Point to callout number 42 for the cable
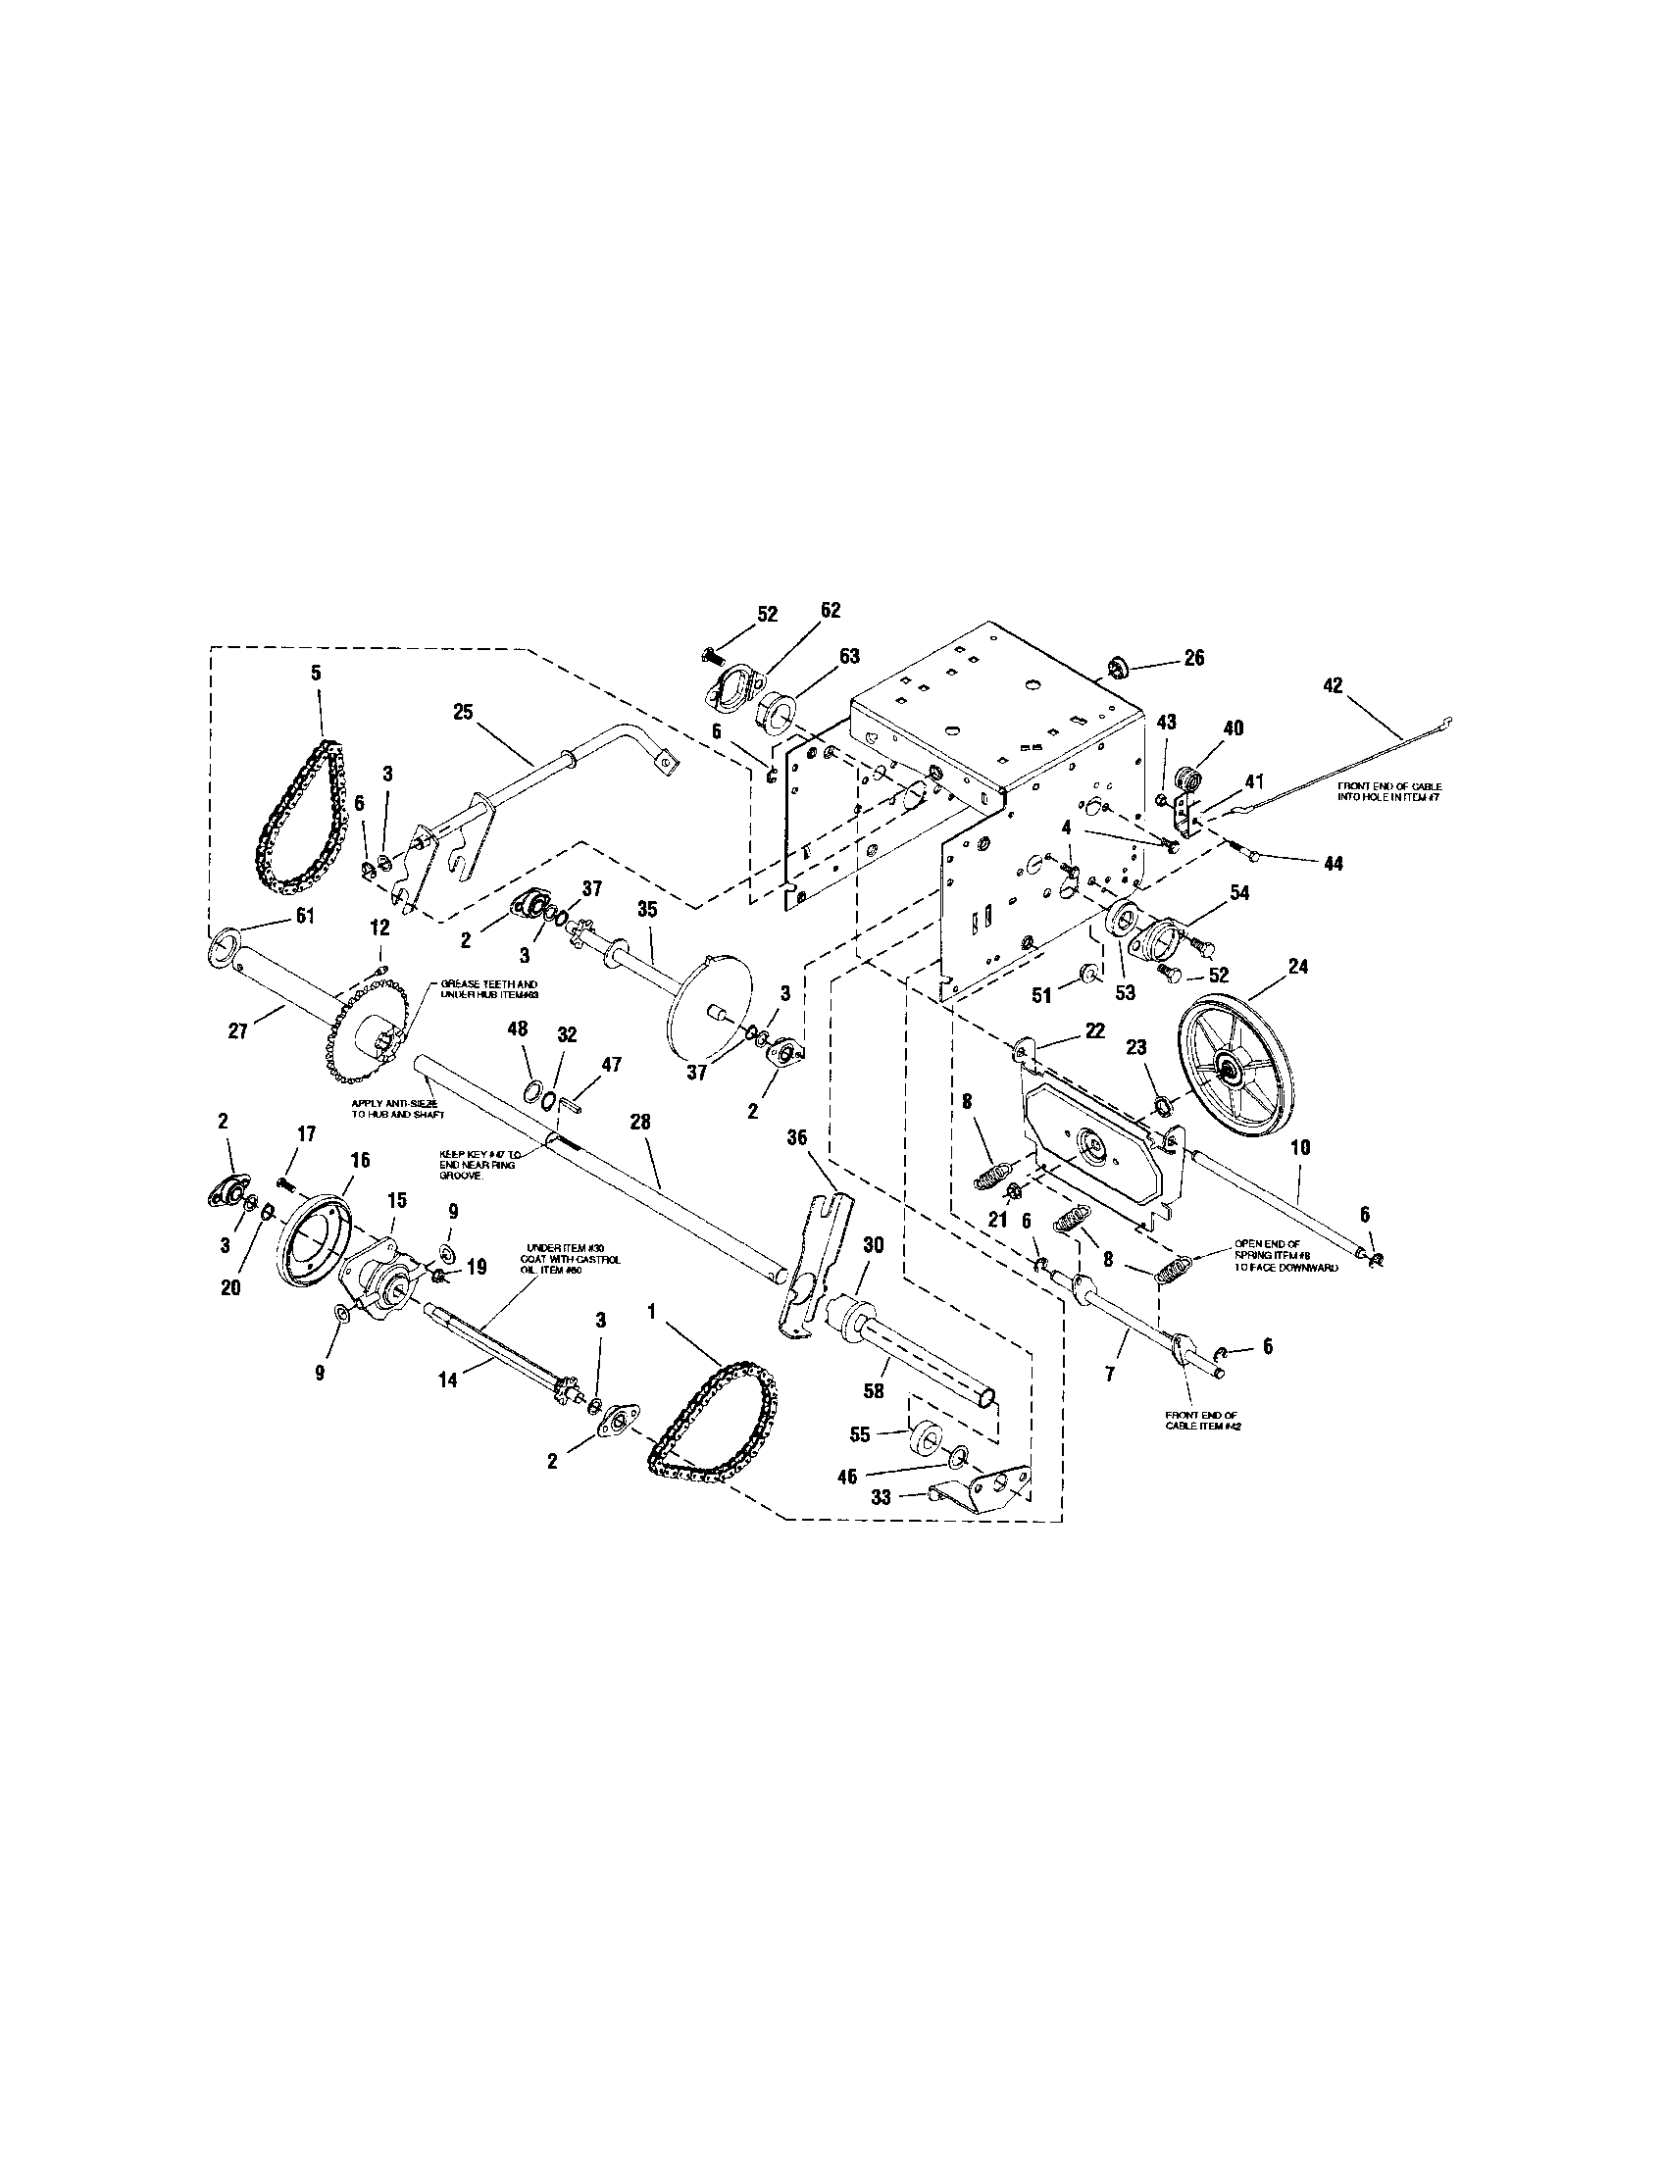(1333, 684)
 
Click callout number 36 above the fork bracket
(796, 1136)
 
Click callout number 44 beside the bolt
(1333, 862)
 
